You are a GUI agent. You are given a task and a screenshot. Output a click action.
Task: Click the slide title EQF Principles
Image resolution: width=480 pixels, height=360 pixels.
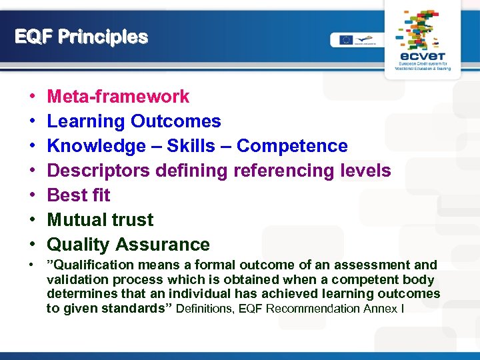pyautogui.click(x=81, y=37)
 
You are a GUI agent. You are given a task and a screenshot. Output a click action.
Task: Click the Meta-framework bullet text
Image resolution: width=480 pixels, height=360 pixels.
pyautogui.click(x=118, y=97)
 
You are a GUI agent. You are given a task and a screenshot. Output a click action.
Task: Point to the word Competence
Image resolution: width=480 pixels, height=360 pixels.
pyautogui.click(x=292, y=146)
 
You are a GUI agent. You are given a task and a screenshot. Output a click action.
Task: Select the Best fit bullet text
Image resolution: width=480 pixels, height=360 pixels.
pyautogui.click(x=79, y=195)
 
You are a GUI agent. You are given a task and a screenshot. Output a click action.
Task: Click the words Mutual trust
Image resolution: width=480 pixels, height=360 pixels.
pyautogui.click(x=100, y=220)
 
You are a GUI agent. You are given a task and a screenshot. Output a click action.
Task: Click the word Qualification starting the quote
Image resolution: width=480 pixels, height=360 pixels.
pyautogui.click(x=86, y=265)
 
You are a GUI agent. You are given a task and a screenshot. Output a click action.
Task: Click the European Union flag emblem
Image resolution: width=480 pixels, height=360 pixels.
pyautogui.click(x=345, y=40)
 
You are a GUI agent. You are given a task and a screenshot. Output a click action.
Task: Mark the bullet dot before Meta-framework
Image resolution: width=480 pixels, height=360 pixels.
pyautogui.click(x=32, y=97)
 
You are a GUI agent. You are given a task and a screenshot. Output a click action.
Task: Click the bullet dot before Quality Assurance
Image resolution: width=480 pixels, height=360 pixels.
pyautogui.click(x=32, y=245)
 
